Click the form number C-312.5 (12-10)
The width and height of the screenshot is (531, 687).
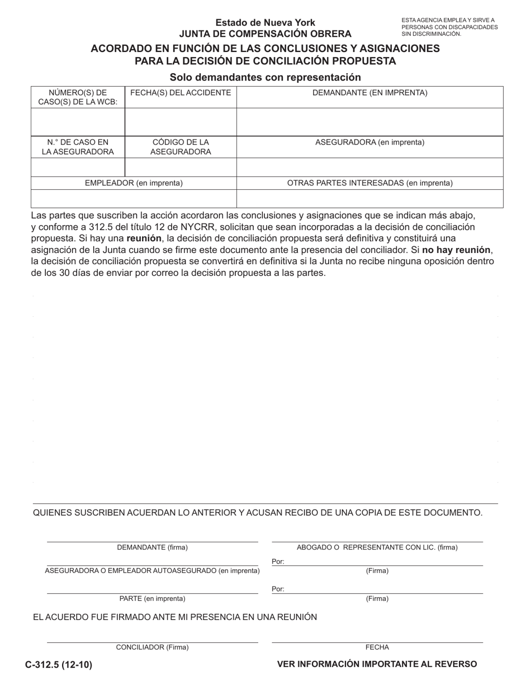coord(59,665)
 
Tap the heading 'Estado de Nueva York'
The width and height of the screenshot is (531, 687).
coord(265,23)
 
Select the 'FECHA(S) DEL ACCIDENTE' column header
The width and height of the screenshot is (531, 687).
coord(181,93)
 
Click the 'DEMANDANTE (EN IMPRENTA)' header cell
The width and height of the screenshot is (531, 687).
coord(370,93)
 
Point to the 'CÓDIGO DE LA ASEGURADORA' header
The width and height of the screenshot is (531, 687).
coord(181,147)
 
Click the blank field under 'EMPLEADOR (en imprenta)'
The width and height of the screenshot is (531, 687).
coord(134,199)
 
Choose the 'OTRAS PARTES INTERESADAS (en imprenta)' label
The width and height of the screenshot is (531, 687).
coord(370,183)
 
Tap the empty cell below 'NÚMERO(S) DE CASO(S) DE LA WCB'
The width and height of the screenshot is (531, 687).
coord(78,122)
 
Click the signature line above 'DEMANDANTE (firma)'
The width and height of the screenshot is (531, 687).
coord(152,541)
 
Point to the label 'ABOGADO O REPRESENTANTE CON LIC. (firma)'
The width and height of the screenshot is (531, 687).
coord(377,547)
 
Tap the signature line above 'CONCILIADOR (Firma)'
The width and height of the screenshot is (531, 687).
coord(152,642)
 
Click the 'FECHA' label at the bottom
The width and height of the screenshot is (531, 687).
coord(377,647)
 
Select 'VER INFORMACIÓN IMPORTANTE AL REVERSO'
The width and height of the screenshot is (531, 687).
coord(377,664)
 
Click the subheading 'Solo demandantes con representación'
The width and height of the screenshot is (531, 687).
coord(265,77)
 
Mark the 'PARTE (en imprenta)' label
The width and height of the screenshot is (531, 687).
coord(152,599)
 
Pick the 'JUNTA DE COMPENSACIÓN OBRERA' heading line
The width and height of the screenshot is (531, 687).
coord(265,34)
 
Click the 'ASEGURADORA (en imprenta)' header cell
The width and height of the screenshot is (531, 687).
coord(370,142)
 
